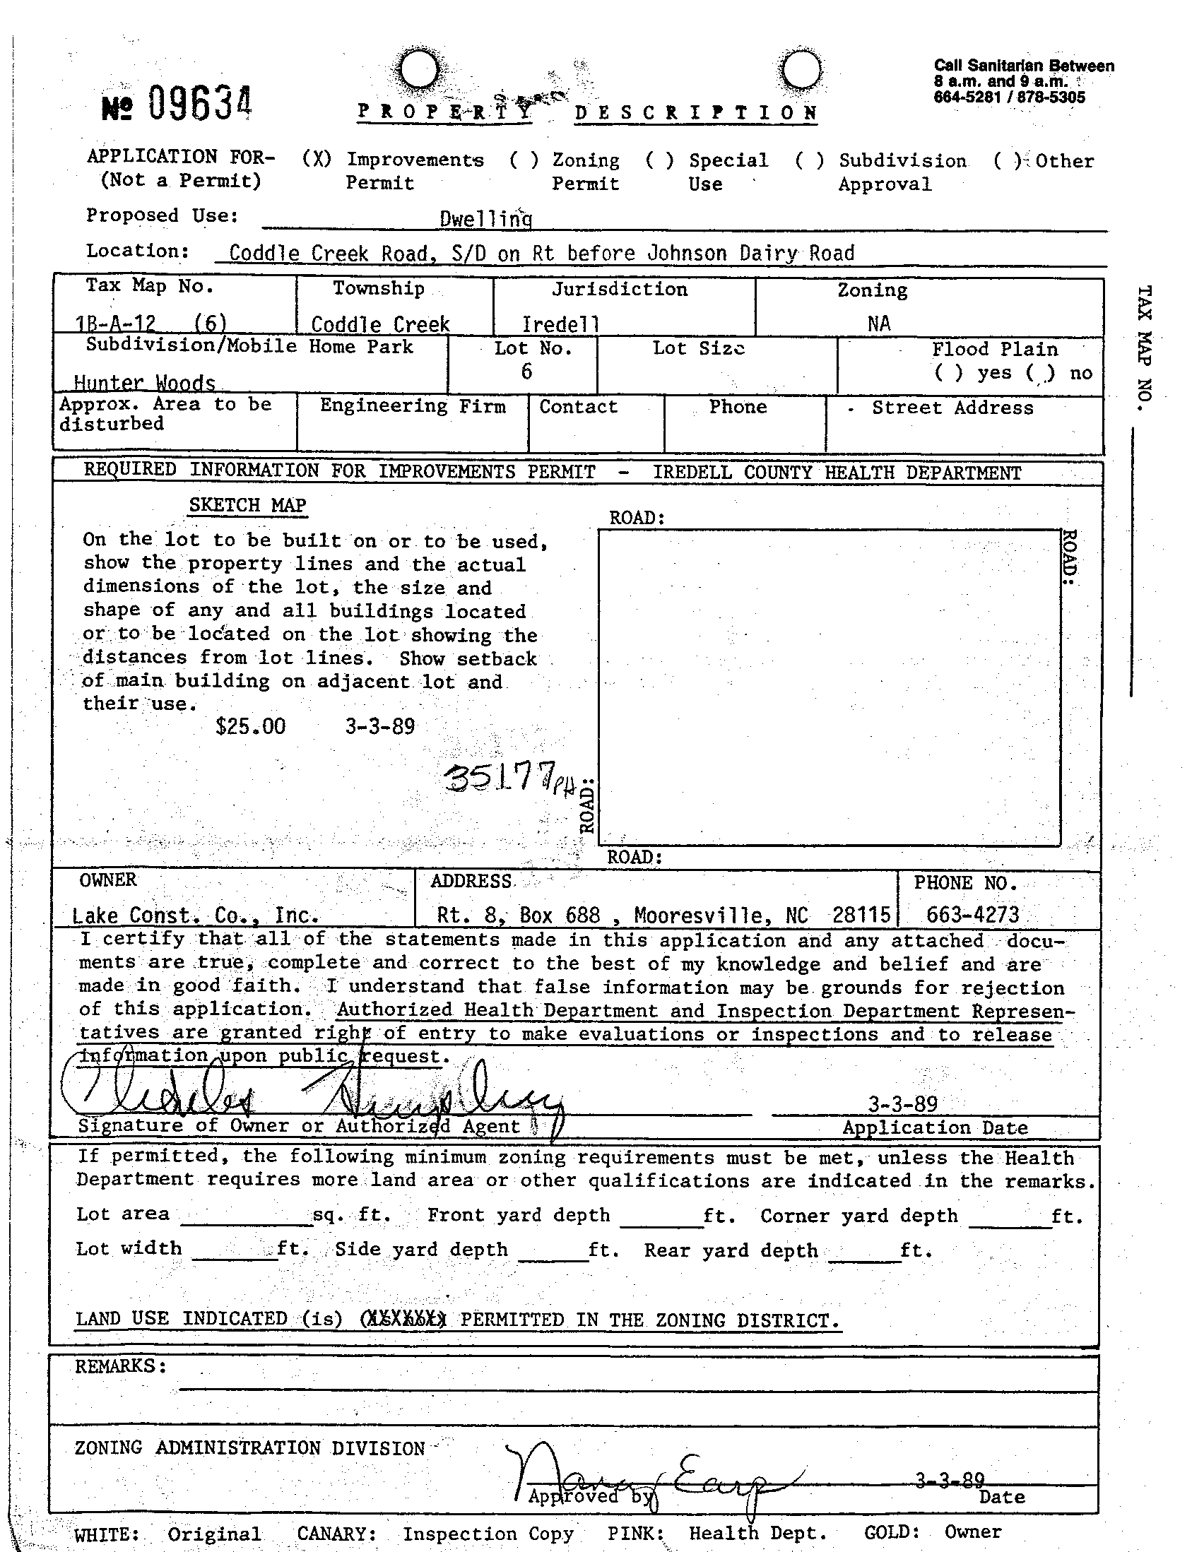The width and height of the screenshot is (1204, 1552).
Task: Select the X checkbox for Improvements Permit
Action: click(x=317, y=159)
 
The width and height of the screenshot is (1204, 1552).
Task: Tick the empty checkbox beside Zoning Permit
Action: click(x=524, y=160)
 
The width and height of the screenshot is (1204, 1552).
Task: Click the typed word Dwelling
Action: click(x=485, y=219)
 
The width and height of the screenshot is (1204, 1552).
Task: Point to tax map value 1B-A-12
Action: click(x=115, y=324)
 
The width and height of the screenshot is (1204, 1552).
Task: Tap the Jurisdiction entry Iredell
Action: click(x=560, y=325)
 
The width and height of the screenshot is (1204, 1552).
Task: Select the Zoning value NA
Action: click(x=878, y=324)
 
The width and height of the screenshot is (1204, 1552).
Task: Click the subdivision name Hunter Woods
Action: click(x=144, y=383)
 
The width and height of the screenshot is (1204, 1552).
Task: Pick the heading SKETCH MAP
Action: click(x=247, y=505)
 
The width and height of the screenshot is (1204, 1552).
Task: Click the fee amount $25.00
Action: click(x=250, y=726)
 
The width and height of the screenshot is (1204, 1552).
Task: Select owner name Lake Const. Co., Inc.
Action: click(x=196, y=916)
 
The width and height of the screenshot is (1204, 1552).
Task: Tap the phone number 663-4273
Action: click(x=972, y=915)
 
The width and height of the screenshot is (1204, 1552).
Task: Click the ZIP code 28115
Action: click(x=861, y=915)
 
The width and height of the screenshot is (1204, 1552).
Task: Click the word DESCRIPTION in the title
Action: click(x=696, y=113)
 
